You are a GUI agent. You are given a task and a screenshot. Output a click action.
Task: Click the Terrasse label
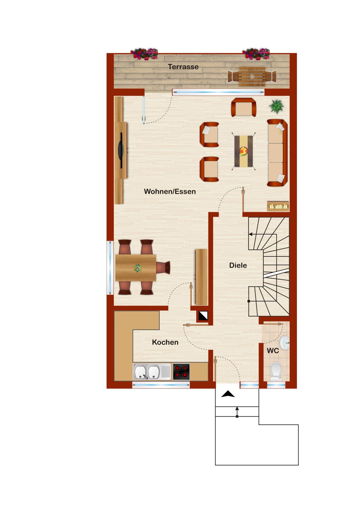pyautogui.click(x=183, y=67)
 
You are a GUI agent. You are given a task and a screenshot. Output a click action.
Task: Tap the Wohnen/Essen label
pyautogui.click(x=170, y=192)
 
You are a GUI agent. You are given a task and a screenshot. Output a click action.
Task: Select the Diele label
pyautogui.click(x=238, y=265)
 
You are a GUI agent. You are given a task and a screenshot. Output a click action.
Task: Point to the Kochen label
pyautogui.click(x=165, y=342)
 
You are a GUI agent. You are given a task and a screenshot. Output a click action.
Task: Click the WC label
pyautogui.click(x=273, y=351)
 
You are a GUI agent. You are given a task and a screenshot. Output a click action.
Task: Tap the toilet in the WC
pyautogui.click(x=276, y=371)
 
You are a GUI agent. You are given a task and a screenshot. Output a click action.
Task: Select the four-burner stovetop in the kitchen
pyautogui.click(x=181, y=372)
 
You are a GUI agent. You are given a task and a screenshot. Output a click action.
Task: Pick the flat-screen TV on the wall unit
pyautogui.click(x=121, y=150)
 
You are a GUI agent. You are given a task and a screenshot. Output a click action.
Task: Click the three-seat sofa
pyautogui.click(x=277, y=153)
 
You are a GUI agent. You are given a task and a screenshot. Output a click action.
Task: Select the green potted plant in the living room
pyautogui.click(x=276, y=106)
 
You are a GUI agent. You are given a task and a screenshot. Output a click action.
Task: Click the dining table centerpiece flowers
pyautogui.click(x=137, y=268)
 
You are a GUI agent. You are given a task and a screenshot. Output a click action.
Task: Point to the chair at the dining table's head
pyautogui.click(x=163, y=268)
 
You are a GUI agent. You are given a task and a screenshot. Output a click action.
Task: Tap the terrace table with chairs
pyautogui.click(x=252, y=76)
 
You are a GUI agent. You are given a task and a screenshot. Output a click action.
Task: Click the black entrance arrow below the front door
pyautogui.click(x=228, y=394)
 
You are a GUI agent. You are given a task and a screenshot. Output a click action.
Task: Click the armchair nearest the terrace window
pyautogui.click(x=244, y=107)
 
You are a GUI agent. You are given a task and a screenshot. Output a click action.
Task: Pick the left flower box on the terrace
pyautogui.click(x=144, y=54)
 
